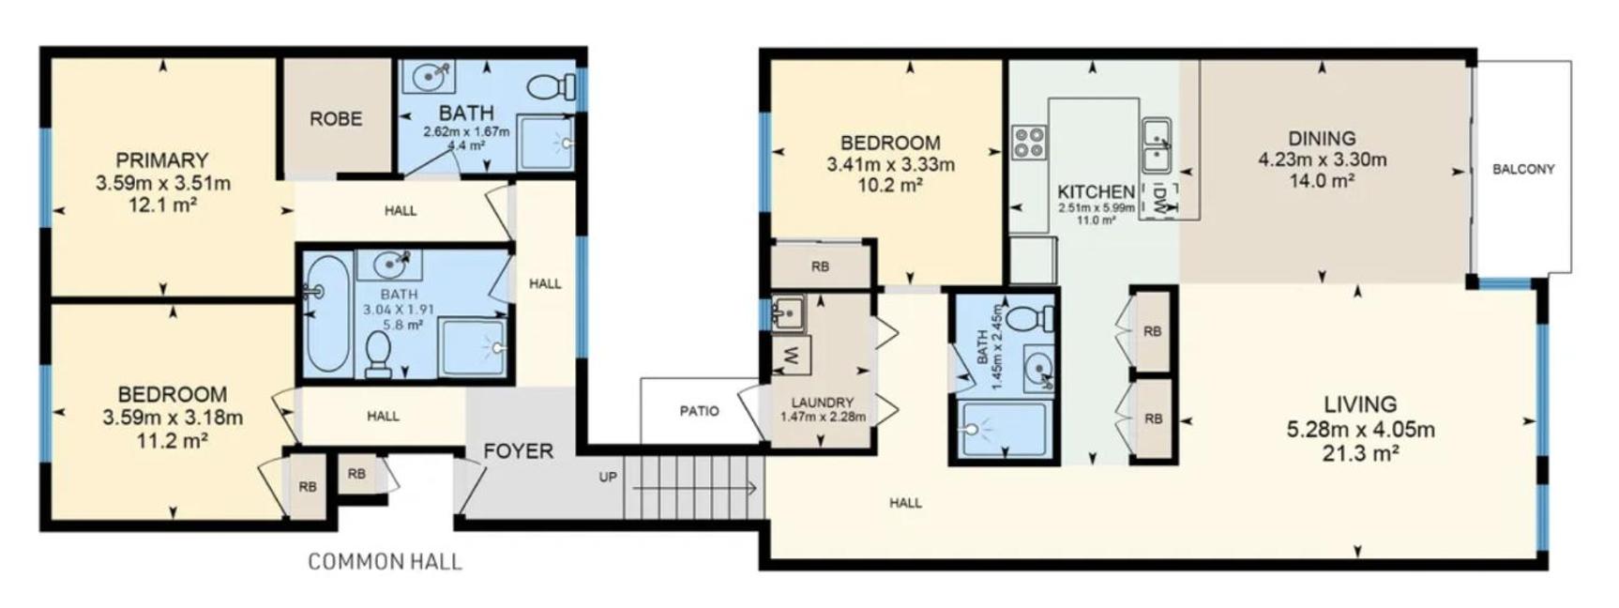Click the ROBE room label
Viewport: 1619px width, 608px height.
336,119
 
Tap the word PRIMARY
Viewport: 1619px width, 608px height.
162,160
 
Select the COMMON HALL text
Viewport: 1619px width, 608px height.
385,562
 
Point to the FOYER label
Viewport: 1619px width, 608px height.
518,451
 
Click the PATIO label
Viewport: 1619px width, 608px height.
699,411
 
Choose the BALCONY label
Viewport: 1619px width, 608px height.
1523,169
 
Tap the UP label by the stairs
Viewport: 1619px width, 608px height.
608,477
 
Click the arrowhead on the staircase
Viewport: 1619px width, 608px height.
750,488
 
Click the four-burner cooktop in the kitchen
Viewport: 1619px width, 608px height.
1029,142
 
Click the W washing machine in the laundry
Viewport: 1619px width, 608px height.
789,356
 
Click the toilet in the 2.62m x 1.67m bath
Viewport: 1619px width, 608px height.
552,87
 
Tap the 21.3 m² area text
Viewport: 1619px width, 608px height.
1360,454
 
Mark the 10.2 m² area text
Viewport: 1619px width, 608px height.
890,186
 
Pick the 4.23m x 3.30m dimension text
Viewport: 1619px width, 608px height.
1322,160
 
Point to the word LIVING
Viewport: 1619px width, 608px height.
1360,404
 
